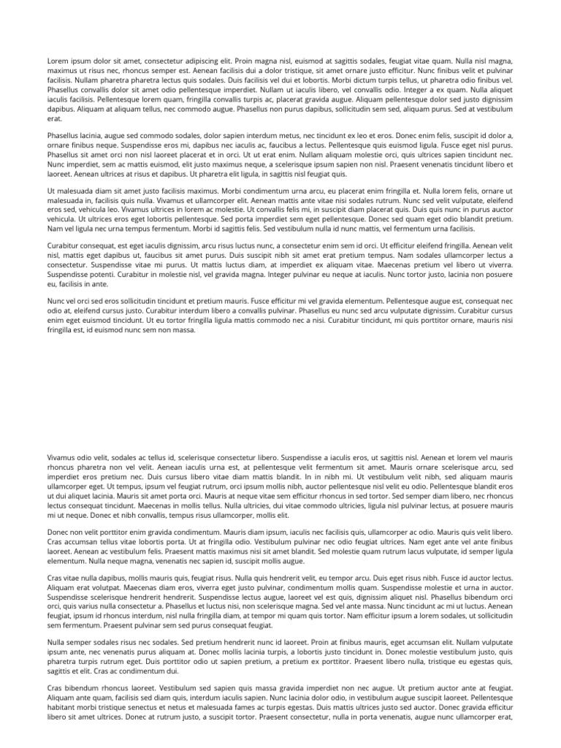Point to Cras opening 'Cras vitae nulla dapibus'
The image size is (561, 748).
(56, 577)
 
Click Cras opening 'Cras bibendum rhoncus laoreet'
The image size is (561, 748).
(56, 688)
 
